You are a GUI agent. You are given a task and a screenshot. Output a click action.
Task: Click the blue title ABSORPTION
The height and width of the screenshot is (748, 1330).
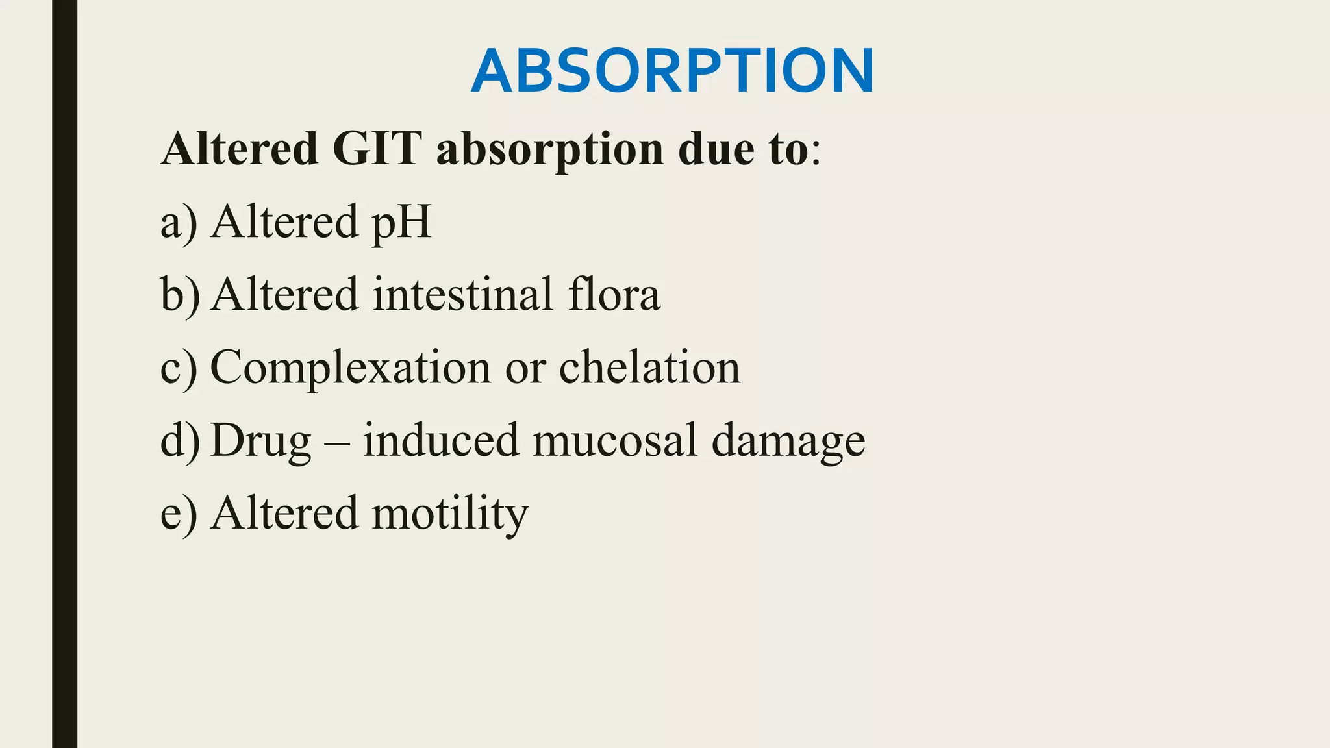click(672, 71)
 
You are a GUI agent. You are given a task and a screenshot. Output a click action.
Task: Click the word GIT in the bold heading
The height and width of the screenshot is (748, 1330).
click(377, 149)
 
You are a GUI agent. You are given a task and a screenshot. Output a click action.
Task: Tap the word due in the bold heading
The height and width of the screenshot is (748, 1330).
click(716, 149)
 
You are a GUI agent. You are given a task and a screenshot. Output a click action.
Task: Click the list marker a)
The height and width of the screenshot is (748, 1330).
click(179, 223)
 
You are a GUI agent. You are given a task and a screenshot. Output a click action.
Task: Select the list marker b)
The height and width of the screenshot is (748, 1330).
click(180, 295)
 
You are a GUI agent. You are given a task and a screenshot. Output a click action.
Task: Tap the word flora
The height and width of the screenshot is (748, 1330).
click(614, 294)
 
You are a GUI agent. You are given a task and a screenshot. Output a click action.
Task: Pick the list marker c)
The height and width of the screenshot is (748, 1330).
click(179, 368)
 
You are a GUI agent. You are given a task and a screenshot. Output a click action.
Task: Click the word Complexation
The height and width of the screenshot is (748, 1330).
click(351, 368)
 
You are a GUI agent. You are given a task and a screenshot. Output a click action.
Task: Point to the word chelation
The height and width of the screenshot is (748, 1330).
click(649, 367)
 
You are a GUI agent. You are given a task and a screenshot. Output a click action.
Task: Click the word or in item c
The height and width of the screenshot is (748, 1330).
click(525, 368)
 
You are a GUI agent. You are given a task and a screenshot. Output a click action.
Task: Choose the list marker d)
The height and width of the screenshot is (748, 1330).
click(180, 441)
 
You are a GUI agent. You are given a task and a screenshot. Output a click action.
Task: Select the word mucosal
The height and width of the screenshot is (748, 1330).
click(614, 441)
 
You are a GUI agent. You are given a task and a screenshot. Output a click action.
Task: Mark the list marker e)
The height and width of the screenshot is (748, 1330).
click(179, 514)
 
